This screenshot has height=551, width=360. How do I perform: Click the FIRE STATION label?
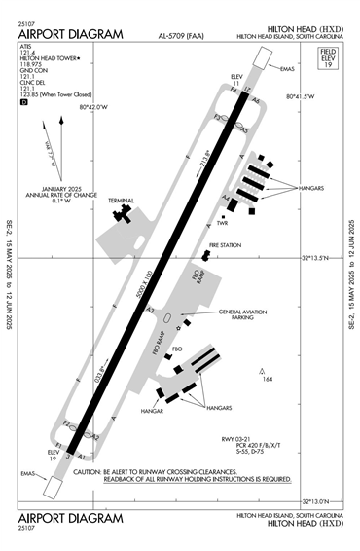pos(224,244)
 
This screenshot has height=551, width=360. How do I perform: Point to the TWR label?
pos(222,223)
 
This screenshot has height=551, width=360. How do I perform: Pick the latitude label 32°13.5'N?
pos(316,258)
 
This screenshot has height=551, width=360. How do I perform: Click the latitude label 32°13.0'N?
pos(317,501)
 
